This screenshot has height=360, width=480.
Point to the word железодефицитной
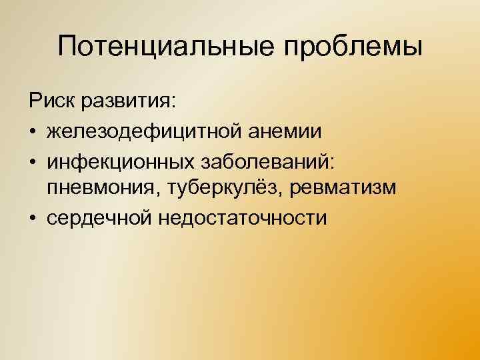(149, 131)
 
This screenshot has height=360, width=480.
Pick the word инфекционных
(119, 160)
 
